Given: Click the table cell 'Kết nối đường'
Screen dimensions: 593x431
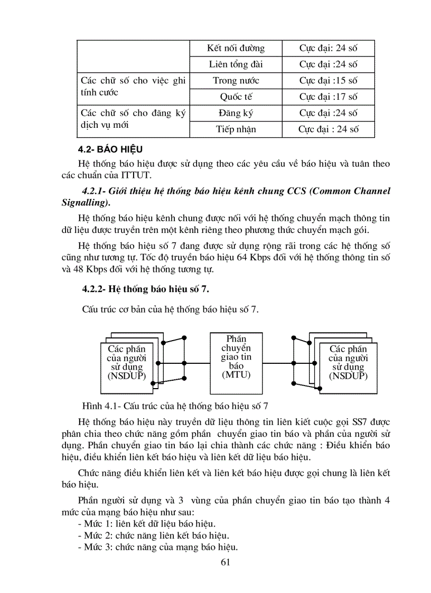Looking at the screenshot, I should [236, 49].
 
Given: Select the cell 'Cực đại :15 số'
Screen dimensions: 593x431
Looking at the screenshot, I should [328, 81].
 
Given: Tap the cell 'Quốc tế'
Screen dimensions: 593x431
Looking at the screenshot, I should [236, 97].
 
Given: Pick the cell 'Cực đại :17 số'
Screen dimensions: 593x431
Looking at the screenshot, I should [328, 97].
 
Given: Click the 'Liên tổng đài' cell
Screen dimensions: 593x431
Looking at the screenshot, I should [236, 64].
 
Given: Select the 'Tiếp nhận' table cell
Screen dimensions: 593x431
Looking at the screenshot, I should [236, 129].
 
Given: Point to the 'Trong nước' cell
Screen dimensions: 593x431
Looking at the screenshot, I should [236, 81].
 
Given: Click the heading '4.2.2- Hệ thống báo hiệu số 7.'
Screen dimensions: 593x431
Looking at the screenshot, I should [148, 289].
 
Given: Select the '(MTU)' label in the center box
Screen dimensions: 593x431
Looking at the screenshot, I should [236, 374].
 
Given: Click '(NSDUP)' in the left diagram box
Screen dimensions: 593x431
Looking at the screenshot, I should [126, 376].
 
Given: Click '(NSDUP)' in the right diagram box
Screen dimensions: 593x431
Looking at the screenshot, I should [348, 376].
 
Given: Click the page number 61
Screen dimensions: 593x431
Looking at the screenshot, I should [226, 561].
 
